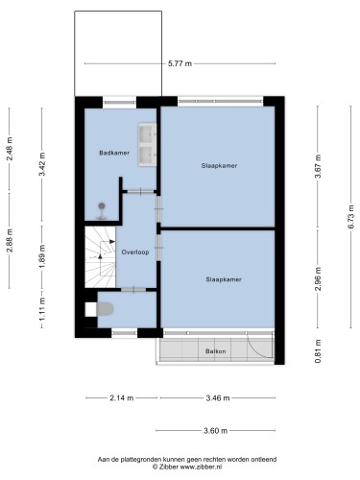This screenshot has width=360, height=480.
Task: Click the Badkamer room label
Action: click(x=114, y=153)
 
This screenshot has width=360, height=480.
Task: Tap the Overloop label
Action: click(x=135, y=252)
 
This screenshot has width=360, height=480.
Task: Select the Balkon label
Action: click(x=216, y=351)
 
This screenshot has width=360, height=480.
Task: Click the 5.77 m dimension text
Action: click(x=180, y=63)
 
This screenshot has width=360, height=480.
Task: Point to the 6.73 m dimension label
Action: click(x=351, y=216)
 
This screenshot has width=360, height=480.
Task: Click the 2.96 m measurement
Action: click(x=318, y=279)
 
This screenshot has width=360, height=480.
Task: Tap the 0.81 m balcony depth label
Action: click(x=318, y=351)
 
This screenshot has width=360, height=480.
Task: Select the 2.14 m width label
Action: click(x=122, y=398)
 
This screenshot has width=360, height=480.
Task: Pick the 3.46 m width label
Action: click(x=218, y=398)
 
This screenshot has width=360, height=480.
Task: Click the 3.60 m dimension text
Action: click(x=216, y=431)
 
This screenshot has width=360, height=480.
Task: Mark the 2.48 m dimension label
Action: click(x=10, y=149)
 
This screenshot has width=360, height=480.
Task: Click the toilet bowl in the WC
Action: click(x=105, y=309)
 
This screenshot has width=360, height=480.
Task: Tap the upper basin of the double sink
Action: click(x=148, y=133)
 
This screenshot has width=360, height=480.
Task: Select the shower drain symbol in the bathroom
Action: click(x=102, y=205)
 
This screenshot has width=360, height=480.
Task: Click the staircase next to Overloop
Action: click(x=100, y=257)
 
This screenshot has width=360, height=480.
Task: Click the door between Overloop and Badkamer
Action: click(x=140, y=192)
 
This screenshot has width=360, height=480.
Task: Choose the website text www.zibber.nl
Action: click(x=201, y=467)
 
